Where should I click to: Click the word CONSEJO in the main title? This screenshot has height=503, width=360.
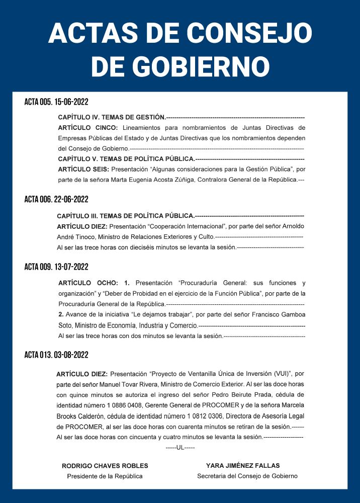pos(250,33)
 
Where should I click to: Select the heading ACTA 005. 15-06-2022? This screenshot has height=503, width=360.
pos(56,102)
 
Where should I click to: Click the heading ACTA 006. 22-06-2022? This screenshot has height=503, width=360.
pos(56,199)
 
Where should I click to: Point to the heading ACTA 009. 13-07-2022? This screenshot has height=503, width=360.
pos(56,267)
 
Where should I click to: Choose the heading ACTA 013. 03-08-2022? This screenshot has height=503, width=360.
pos(56,355)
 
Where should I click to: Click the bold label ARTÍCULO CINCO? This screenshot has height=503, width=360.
pos(88,128)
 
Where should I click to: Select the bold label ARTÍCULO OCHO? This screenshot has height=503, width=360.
pos(88,283)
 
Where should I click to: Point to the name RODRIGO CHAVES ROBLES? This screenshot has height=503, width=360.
pos(105,466)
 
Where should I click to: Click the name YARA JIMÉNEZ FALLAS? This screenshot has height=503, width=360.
pos(243,466)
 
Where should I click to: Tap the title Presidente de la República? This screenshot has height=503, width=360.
pos(105,476)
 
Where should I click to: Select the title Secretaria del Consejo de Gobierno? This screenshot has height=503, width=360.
pos(247,476)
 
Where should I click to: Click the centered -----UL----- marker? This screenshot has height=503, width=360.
pos(180,448)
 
